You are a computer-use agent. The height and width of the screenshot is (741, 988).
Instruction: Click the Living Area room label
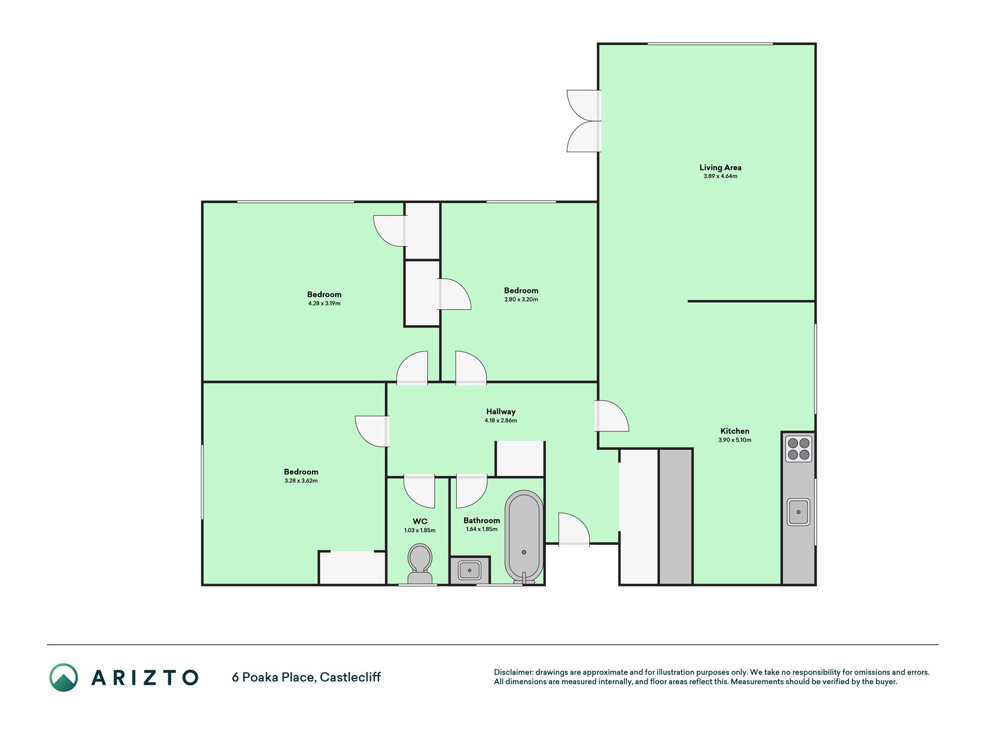tap(720, 167)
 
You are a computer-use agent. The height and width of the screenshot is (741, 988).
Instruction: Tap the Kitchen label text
tap(734, 431)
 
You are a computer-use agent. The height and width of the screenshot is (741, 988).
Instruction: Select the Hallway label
tap(501, 412)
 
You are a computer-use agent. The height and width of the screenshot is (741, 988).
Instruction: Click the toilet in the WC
tap(420, 564)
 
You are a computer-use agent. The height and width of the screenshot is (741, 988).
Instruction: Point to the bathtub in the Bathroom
tap(524, 536)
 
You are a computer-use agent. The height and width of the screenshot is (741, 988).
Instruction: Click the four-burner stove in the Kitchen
tap(798, 449)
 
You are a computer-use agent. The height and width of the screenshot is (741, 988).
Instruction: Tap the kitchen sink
tap(798, 512)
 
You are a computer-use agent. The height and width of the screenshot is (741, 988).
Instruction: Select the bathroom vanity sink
tap(469, 570)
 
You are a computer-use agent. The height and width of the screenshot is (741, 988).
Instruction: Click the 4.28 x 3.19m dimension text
tap(324, 303)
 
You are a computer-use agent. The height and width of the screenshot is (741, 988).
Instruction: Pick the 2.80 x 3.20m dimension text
tap(521, 299)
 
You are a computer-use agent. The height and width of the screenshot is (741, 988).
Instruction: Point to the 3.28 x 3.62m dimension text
tap(301, 480)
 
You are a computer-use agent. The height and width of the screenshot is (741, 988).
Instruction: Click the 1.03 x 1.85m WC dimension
tap(420, 530)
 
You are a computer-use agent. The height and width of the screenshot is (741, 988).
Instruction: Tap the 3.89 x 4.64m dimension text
tap(720, 176)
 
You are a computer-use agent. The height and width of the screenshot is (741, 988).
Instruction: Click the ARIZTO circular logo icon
tap(64, 677)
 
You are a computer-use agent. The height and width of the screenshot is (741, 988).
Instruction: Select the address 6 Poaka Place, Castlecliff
tap(306, 677)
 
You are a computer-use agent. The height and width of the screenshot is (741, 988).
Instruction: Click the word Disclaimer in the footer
tap(513, 672)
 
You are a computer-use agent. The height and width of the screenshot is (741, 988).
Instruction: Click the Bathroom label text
tap(482, 520)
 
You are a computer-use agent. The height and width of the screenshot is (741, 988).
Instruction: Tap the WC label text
tap(420, 522)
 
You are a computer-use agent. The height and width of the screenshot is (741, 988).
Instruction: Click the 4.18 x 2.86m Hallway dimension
tap(501, 420)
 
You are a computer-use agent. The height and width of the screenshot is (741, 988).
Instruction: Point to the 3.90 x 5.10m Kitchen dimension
tap(734, 440)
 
